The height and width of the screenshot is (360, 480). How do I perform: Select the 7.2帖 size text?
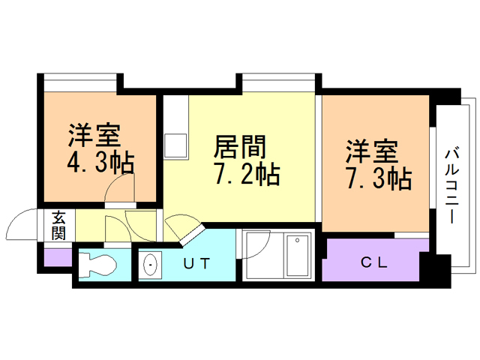247,175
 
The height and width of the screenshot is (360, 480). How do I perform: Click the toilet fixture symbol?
97,264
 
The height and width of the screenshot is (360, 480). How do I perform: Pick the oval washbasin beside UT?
150,265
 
